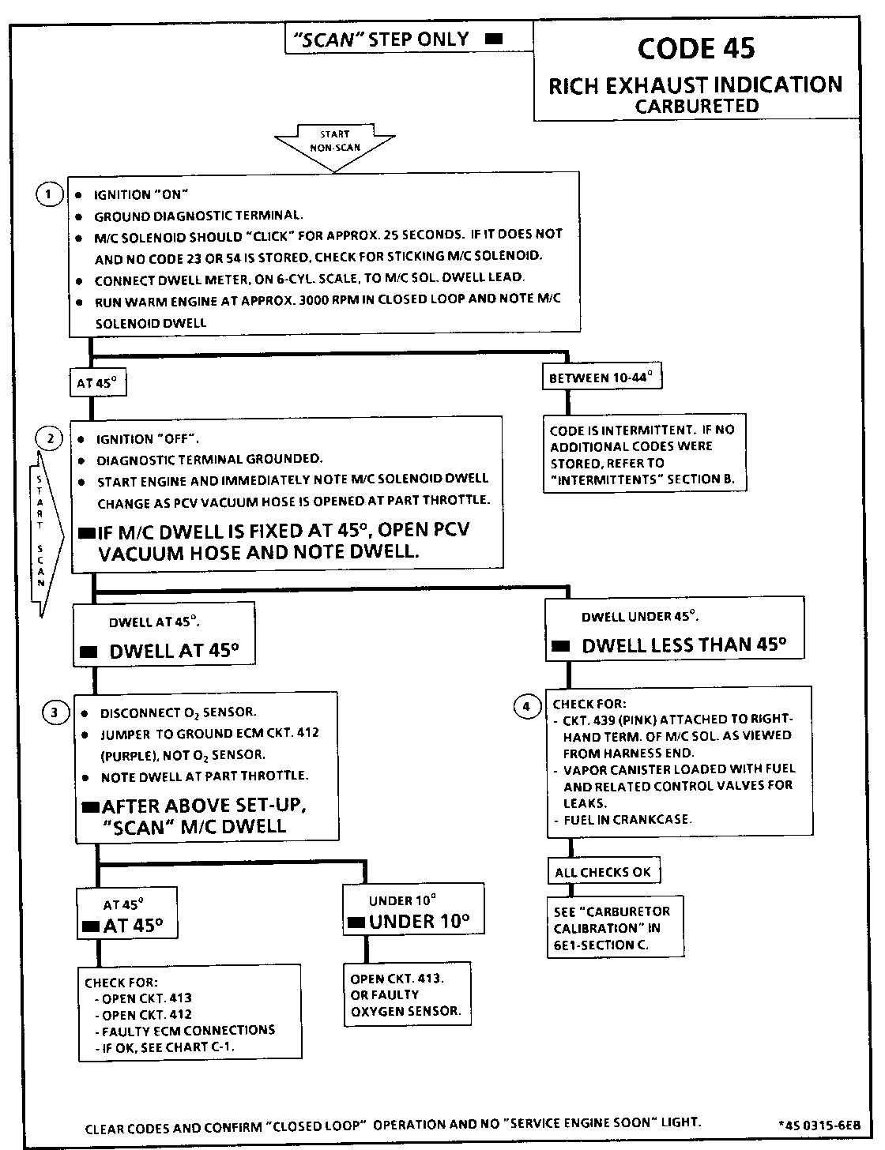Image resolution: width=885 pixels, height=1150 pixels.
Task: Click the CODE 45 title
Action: (695, 49)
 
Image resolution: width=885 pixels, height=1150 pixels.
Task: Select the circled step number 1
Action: (49, 194)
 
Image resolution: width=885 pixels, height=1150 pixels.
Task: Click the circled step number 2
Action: (50, 438)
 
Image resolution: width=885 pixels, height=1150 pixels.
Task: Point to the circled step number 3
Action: (54, 713)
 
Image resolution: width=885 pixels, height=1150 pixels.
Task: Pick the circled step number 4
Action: (527, 705)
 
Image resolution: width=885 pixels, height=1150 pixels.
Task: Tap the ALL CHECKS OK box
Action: (603, 872)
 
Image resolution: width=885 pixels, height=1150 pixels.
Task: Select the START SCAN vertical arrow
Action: (39, 537)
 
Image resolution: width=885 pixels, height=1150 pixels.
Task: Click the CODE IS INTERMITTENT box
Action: (642, 454)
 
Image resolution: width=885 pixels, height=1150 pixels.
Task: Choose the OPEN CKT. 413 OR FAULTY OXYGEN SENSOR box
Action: (406, 994)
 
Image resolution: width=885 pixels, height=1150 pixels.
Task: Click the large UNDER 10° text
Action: (419, 921)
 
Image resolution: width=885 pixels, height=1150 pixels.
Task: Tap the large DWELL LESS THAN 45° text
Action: (684, 645)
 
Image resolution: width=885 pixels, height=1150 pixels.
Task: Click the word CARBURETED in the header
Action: (696, 106)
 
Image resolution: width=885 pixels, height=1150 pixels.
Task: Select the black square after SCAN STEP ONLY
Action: (494, 39)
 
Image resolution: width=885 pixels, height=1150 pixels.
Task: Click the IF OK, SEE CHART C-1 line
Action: (168, 1047)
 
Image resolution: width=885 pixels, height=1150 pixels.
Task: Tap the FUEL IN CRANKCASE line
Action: (627, 819)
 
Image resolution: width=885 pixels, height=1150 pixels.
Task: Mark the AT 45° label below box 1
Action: (97, 383)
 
